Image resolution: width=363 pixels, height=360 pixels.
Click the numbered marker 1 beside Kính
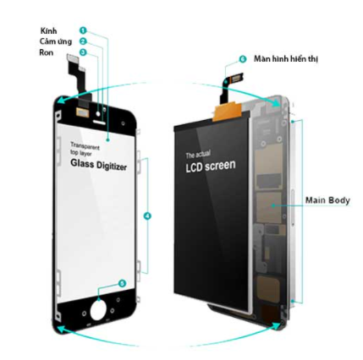click(83, 30)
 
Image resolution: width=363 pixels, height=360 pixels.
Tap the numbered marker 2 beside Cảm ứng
click(83, 41)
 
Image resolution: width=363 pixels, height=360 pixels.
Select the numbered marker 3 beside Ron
click(83, 52)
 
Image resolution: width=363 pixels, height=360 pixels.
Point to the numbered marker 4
click(147, 216)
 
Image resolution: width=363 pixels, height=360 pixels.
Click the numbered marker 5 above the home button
click(122, 283)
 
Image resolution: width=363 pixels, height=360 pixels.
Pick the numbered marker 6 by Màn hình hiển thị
click(242, 59)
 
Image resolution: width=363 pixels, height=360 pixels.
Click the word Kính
click(48, 30)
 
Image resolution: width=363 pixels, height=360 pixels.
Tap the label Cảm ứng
click(56, 41)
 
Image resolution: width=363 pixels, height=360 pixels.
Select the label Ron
click(47, 52)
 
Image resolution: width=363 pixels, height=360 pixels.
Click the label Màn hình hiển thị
click(286, 59)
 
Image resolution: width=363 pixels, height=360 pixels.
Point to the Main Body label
click(327, 200)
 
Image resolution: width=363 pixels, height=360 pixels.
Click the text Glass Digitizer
click(98, 165)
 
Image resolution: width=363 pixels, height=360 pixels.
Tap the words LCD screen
click(211, 166)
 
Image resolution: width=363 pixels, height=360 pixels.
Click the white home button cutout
click(98, 310)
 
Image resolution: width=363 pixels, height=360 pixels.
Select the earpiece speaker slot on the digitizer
click(98, 122)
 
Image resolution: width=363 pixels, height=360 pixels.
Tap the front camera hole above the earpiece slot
click(98, 113)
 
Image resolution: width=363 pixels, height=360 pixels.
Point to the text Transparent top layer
click(85, 150)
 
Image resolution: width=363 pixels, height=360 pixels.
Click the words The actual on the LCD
click(198, 155)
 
